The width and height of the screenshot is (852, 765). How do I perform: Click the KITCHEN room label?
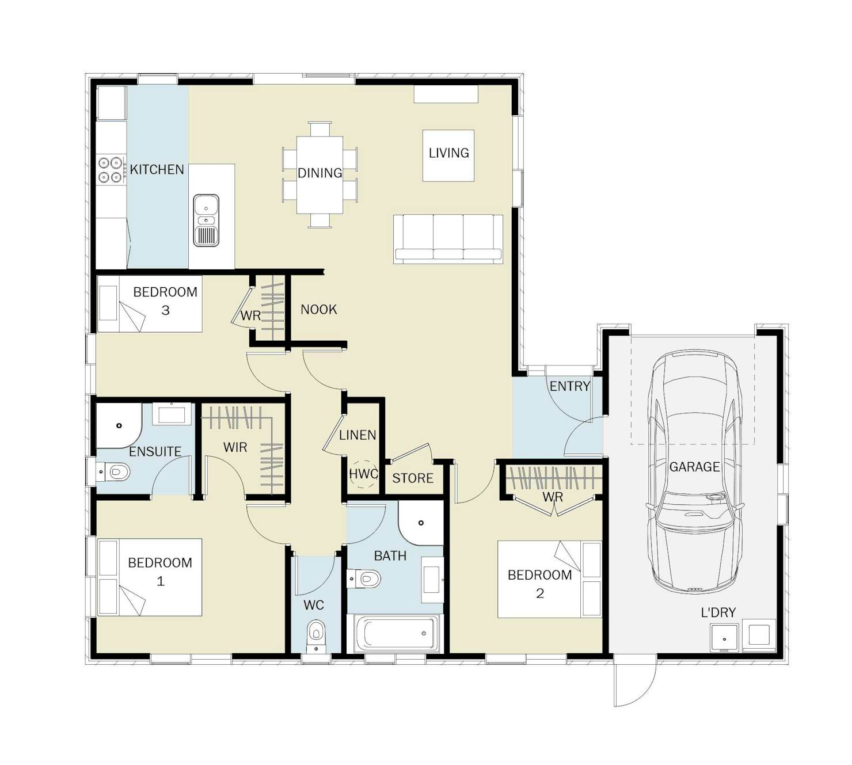(157, 169)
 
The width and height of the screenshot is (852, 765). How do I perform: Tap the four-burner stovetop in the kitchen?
(111, 170)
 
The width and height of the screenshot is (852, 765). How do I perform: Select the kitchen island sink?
(206, 220)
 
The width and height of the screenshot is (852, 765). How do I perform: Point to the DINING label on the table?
(319, 173)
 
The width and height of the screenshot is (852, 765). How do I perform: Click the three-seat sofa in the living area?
(448, 239)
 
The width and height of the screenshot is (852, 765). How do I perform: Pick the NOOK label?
(319, 310)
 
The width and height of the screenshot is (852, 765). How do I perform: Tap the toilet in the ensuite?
(113, 472)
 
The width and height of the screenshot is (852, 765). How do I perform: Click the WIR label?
(235, 447)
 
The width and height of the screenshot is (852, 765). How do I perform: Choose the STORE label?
(413, 478)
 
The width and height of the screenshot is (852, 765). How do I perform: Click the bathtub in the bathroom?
(395, 634)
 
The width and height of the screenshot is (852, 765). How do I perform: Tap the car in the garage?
(694, 471)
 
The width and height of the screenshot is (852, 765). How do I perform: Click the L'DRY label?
(718, 612)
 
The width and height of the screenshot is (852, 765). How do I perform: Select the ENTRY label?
(570, 386)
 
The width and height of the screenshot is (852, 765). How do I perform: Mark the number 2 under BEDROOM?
(540, 593)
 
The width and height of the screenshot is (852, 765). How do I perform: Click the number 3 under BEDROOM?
(165, 310)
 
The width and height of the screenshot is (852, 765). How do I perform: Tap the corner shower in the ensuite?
(119, 425)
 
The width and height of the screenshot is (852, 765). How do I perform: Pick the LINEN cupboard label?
(357, 435)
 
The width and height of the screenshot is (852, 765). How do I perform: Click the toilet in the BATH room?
(364, 578)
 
